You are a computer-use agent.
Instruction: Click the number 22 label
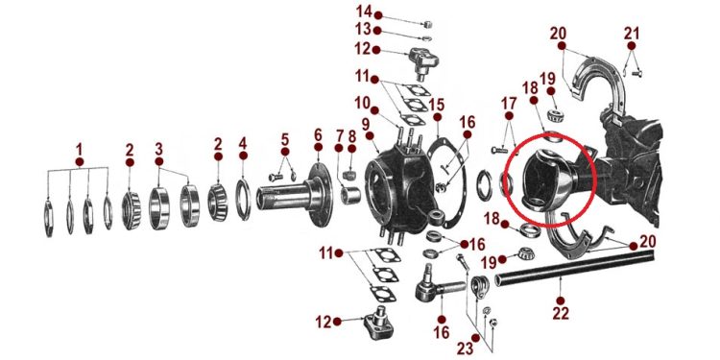(561, 313)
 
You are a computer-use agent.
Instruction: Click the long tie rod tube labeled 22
(575, 269)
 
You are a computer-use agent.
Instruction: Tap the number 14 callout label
(364, 11)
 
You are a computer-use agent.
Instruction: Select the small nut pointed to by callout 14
(427, 24)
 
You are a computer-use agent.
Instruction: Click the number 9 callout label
(366, 124)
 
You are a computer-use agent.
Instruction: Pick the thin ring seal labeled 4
(244, 200)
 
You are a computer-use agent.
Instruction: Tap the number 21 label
(632, 33)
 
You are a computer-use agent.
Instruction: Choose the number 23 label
(466, 348)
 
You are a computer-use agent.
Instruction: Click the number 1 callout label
(79, 149)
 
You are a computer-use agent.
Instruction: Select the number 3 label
(158, 149)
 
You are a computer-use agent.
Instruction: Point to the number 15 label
(437, 105)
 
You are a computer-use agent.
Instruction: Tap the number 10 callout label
(362, 103)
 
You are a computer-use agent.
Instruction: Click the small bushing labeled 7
(350, 194)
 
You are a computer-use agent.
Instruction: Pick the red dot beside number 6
(318, 147)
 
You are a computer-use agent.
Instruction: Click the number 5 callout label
(285, 138)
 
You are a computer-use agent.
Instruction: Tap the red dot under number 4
(243, 156)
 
